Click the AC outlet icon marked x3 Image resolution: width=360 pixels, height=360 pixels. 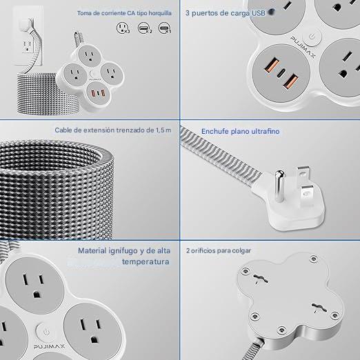(x=123, y=28)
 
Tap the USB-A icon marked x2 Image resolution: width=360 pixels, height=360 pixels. (x=145, y=28)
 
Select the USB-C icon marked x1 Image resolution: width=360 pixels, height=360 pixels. (x=165, y=28)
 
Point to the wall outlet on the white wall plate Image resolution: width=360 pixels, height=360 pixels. (x=28, y=46)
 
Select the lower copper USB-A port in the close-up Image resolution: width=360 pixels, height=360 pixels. (x=290, y=81)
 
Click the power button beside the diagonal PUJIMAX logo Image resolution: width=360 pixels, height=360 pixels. (x=312, y=37)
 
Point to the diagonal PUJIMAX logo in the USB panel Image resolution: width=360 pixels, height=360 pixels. (x=303, y=46)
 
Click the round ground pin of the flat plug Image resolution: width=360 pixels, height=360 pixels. (x=279, y=186)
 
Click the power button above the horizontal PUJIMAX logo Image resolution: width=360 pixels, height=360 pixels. (x=46, y=332)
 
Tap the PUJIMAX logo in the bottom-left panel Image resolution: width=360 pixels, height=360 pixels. (x=49, y=347)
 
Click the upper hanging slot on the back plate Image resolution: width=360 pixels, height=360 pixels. (x=261, y=279)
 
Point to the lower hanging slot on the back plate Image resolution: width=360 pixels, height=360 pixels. (x=319, y=308)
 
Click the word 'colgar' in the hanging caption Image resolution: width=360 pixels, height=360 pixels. (x=241, y=250)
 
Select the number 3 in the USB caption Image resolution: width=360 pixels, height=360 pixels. (x=188, y=13)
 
